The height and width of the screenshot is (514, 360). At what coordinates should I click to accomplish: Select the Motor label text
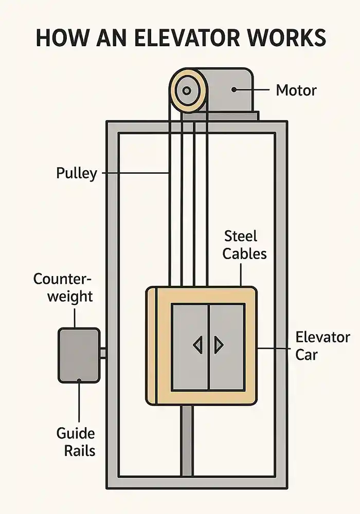click(x=296, y=90)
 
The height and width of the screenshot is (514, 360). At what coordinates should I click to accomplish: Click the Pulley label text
click(x=76, y=173)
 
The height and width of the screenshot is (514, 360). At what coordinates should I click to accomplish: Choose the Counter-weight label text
click(x=63, y=287)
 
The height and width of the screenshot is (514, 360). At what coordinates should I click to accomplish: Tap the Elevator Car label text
click(x=322, y=346)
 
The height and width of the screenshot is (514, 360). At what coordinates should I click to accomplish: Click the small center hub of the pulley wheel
click(x=187, y=91)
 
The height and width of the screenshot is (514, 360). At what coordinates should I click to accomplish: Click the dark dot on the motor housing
click(x=234, y=89)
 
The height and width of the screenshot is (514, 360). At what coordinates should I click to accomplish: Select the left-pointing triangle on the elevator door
click(x=197, y=344)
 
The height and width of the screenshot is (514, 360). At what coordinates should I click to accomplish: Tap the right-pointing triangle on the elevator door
click(x=219, y=344)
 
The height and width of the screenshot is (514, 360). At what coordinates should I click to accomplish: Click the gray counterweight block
click(x=79, y=355)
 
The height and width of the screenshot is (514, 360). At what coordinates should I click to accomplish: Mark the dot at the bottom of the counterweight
click(x=79, y=380)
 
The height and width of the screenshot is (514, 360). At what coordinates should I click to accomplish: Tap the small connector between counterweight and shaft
click(x=103, y=353)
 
